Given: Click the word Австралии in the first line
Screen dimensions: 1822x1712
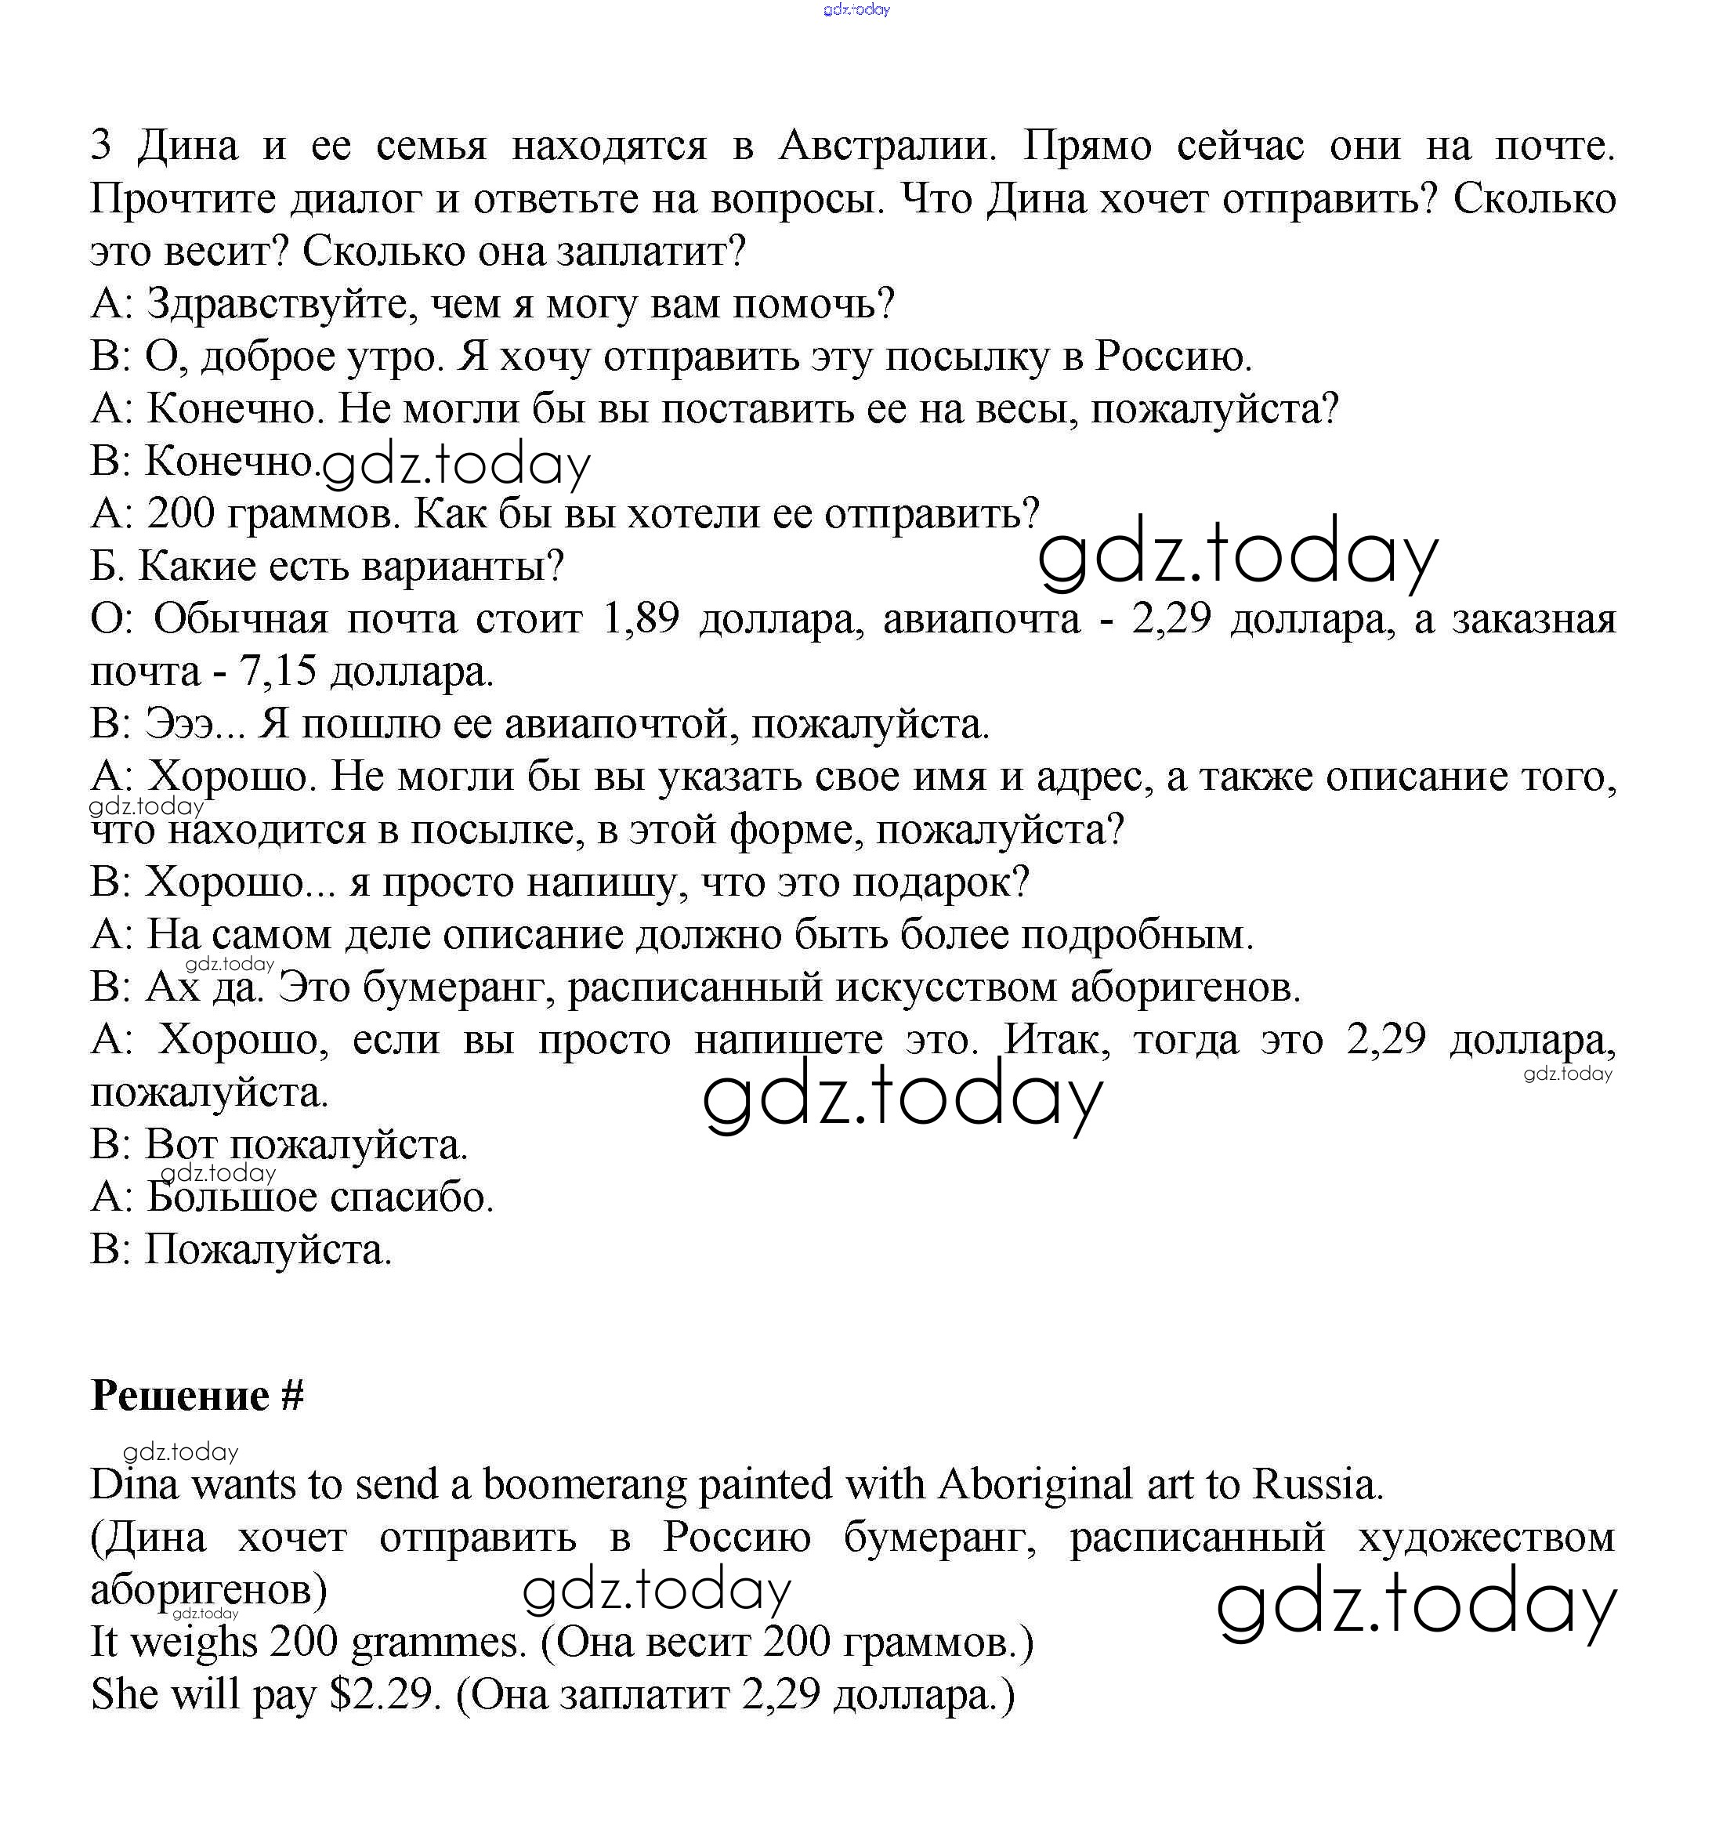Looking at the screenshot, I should click(886, 146).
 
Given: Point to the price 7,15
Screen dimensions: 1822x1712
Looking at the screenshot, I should click(277, 672).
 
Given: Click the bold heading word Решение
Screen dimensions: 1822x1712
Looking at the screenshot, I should click(180, 1395).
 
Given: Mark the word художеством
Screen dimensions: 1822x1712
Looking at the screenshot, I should click(1486, 1537).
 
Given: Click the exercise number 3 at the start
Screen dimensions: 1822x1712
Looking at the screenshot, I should click(101, 146).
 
